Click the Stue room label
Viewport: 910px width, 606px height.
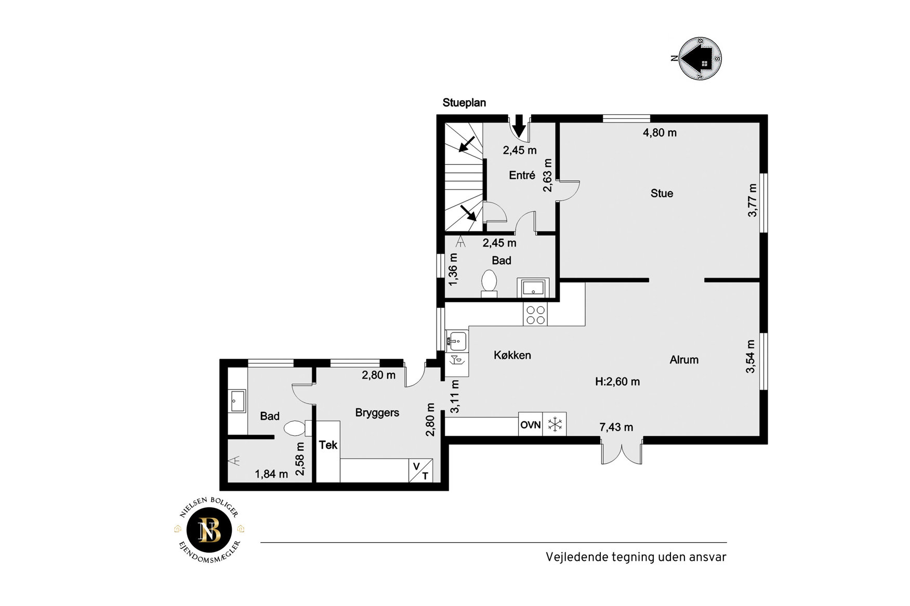662,193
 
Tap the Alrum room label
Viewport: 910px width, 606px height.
684,359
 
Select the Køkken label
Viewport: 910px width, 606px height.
512,355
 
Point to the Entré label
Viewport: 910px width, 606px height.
522,176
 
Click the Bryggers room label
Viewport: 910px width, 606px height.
377,413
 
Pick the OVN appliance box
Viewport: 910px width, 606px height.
531,424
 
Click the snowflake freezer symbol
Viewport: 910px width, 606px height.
555,424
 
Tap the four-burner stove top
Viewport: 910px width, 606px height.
535,315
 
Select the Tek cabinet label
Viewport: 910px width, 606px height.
328,445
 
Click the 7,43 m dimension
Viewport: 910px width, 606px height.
616,427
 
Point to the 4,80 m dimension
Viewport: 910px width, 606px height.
660,132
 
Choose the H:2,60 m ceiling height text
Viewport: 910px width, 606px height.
617,382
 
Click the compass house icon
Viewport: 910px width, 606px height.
701,58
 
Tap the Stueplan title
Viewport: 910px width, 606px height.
464,103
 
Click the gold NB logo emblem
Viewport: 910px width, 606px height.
210,530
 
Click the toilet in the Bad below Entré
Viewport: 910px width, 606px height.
489,283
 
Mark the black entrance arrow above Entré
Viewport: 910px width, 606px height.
518,125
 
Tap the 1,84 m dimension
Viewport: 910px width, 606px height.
271,474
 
